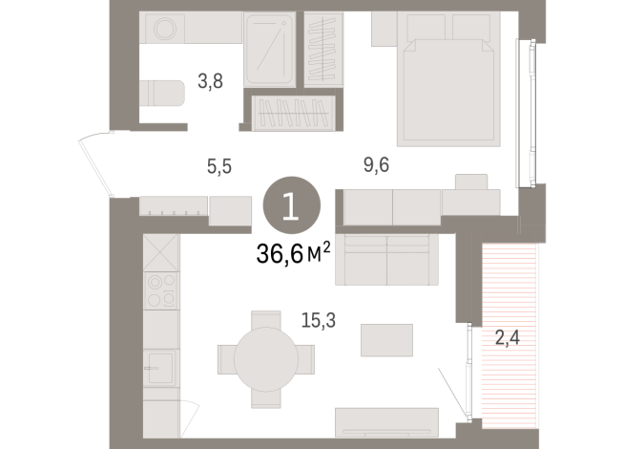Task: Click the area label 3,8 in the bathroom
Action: (210, 82)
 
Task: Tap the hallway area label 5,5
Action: (219, 165)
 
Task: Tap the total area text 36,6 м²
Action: (290, 252)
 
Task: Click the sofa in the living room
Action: (385, 259)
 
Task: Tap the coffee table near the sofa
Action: (386, 339)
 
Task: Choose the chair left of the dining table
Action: (227, 358)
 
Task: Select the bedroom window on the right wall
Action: (521, 113)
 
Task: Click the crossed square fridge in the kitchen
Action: (160, 253)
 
